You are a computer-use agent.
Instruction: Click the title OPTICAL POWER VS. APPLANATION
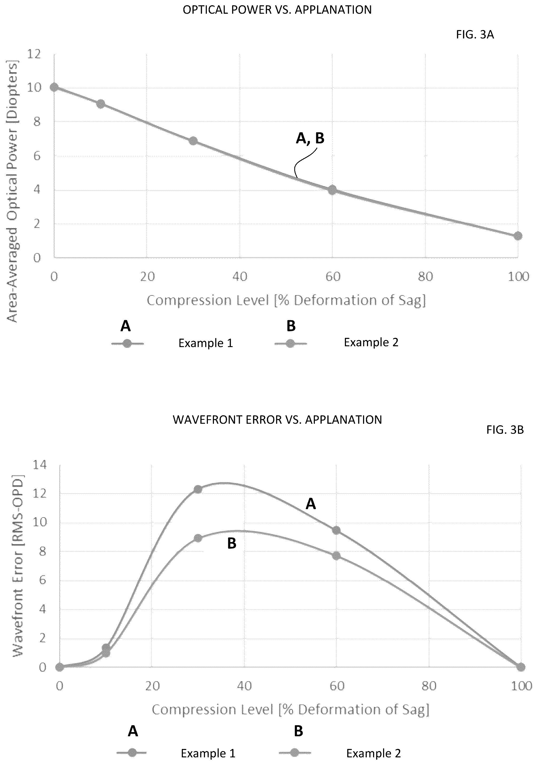click(x=277, y=10)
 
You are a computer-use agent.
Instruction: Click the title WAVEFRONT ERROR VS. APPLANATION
click(x=277, y=420)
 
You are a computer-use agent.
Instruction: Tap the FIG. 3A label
click(x=475, y=35)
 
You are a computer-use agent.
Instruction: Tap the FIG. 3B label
click(x=505, y=430)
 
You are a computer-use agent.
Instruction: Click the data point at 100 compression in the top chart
click(x=518, y=236)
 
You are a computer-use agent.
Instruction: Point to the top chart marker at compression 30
click(x=193, y=141)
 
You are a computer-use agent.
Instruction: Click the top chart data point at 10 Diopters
click(x=54, y=87)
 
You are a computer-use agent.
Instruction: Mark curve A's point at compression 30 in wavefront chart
click(x=198, y=489)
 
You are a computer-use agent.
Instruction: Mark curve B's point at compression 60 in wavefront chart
click(x=336, y=556)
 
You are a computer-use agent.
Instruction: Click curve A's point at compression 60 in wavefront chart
click(x=336, y=530)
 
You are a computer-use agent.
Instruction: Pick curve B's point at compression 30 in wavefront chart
click(x=198, y=538)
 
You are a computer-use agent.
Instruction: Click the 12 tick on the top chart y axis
click(x=34, y=54)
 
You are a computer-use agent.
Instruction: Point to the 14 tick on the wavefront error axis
click(x=39, y=465)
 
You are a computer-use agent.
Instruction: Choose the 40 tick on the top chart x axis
click(x=240, y=276)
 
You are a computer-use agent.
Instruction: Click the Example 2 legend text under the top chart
click(x=371, y=342)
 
